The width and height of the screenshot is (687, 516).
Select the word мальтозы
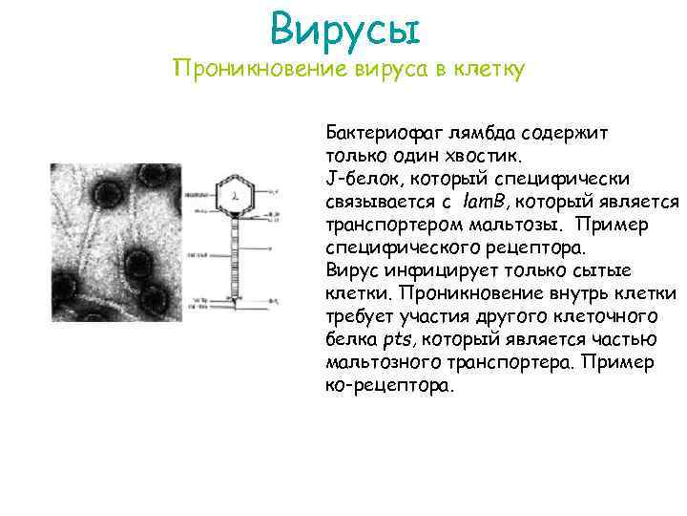tap(541, 224)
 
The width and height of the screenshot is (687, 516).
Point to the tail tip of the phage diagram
tap(231, 306)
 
